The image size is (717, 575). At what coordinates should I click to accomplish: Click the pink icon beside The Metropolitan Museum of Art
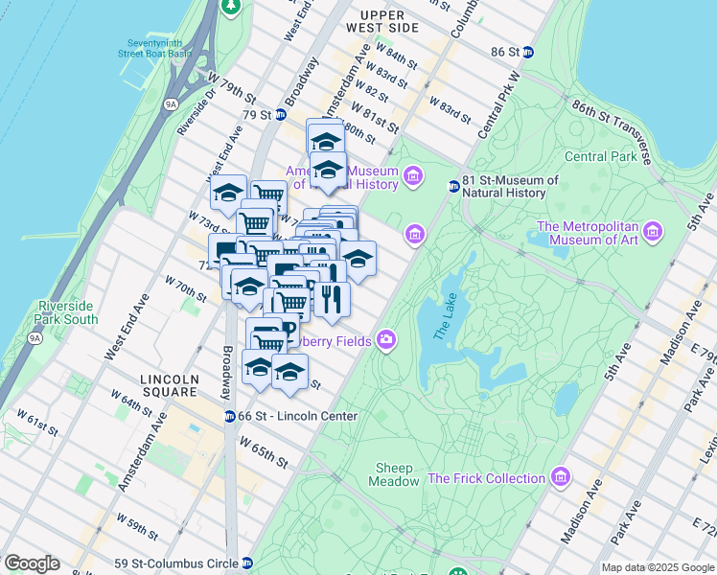point(654,231)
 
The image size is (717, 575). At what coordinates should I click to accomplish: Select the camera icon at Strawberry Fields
point(386,340)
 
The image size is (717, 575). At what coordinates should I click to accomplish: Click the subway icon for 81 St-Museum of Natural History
point(453,186)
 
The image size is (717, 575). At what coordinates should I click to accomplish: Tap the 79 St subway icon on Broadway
point(281,115)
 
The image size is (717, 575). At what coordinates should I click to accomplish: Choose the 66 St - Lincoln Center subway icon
point(230,416)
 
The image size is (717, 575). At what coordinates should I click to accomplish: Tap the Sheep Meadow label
point(394,474)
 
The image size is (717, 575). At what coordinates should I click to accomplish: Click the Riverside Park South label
point(67,312)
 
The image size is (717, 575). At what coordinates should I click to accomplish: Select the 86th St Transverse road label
point(611,126)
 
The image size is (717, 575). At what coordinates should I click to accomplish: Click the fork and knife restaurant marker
point(332,299)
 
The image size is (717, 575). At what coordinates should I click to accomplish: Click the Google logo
point(32,563)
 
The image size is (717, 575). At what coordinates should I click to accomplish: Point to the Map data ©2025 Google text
point(658,567)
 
